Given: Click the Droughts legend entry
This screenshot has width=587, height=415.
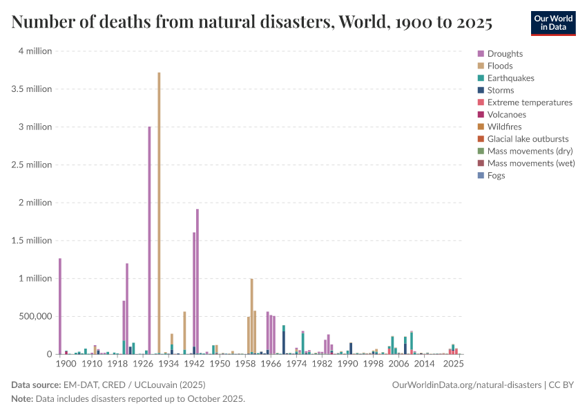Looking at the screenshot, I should click(x=505, y=54).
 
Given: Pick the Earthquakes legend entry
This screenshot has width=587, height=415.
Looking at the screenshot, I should click(x=510, y=78).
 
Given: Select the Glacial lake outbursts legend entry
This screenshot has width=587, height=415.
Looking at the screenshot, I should click(x=528, y=139).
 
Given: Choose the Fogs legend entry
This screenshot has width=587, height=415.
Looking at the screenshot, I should click(x=496, y=176).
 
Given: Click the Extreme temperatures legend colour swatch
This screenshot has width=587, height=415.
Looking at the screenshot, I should click(x=481, y=102).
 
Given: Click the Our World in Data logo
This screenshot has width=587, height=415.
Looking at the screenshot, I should click(x=552, y=23).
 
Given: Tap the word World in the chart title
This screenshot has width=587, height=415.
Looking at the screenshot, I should click(x=365, y=23).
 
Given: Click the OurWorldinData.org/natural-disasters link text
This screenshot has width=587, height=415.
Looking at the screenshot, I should click(x=466, y=385).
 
